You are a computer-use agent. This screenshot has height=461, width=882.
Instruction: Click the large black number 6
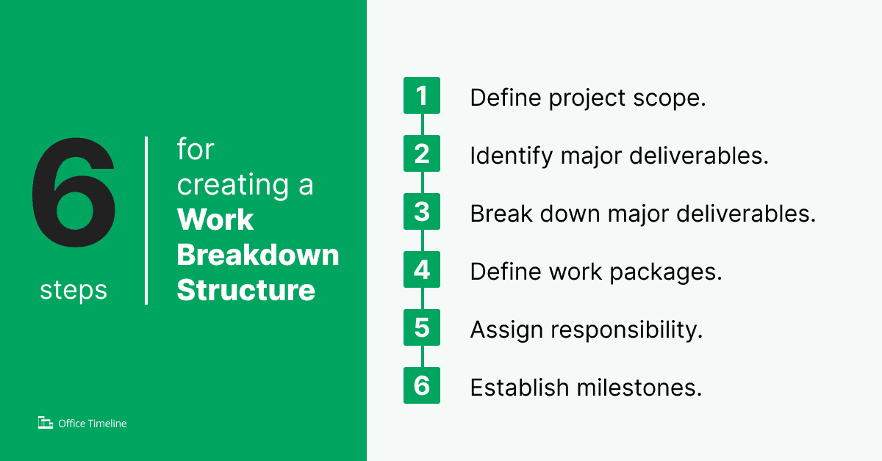pos(73,195)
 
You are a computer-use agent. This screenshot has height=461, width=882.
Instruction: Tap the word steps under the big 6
pos(73,291)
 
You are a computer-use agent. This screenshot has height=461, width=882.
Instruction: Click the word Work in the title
pos(215,220)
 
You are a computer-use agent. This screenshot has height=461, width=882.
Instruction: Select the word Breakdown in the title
pos(258,255)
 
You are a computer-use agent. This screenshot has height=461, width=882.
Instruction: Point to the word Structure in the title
pos(246,290)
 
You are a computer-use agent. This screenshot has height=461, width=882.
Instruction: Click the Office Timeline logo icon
pos(46,423)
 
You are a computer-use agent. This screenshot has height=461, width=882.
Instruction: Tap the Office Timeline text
pos(93,424)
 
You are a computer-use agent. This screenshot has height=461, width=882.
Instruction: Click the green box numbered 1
pos(422,95)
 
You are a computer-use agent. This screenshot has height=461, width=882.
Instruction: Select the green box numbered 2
pos(422,153)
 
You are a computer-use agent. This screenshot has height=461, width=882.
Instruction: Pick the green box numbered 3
pos(422,211)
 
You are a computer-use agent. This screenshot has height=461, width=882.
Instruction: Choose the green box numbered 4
pos(422,269)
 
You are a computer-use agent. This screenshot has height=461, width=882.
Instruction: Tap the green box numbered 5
pos(422,327)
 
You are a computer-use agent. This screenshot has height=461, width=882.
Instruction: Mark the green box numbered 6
pos(422,385)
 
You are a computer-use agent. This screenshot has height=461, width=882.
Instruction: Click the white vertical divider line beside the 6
pos(147,220)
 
